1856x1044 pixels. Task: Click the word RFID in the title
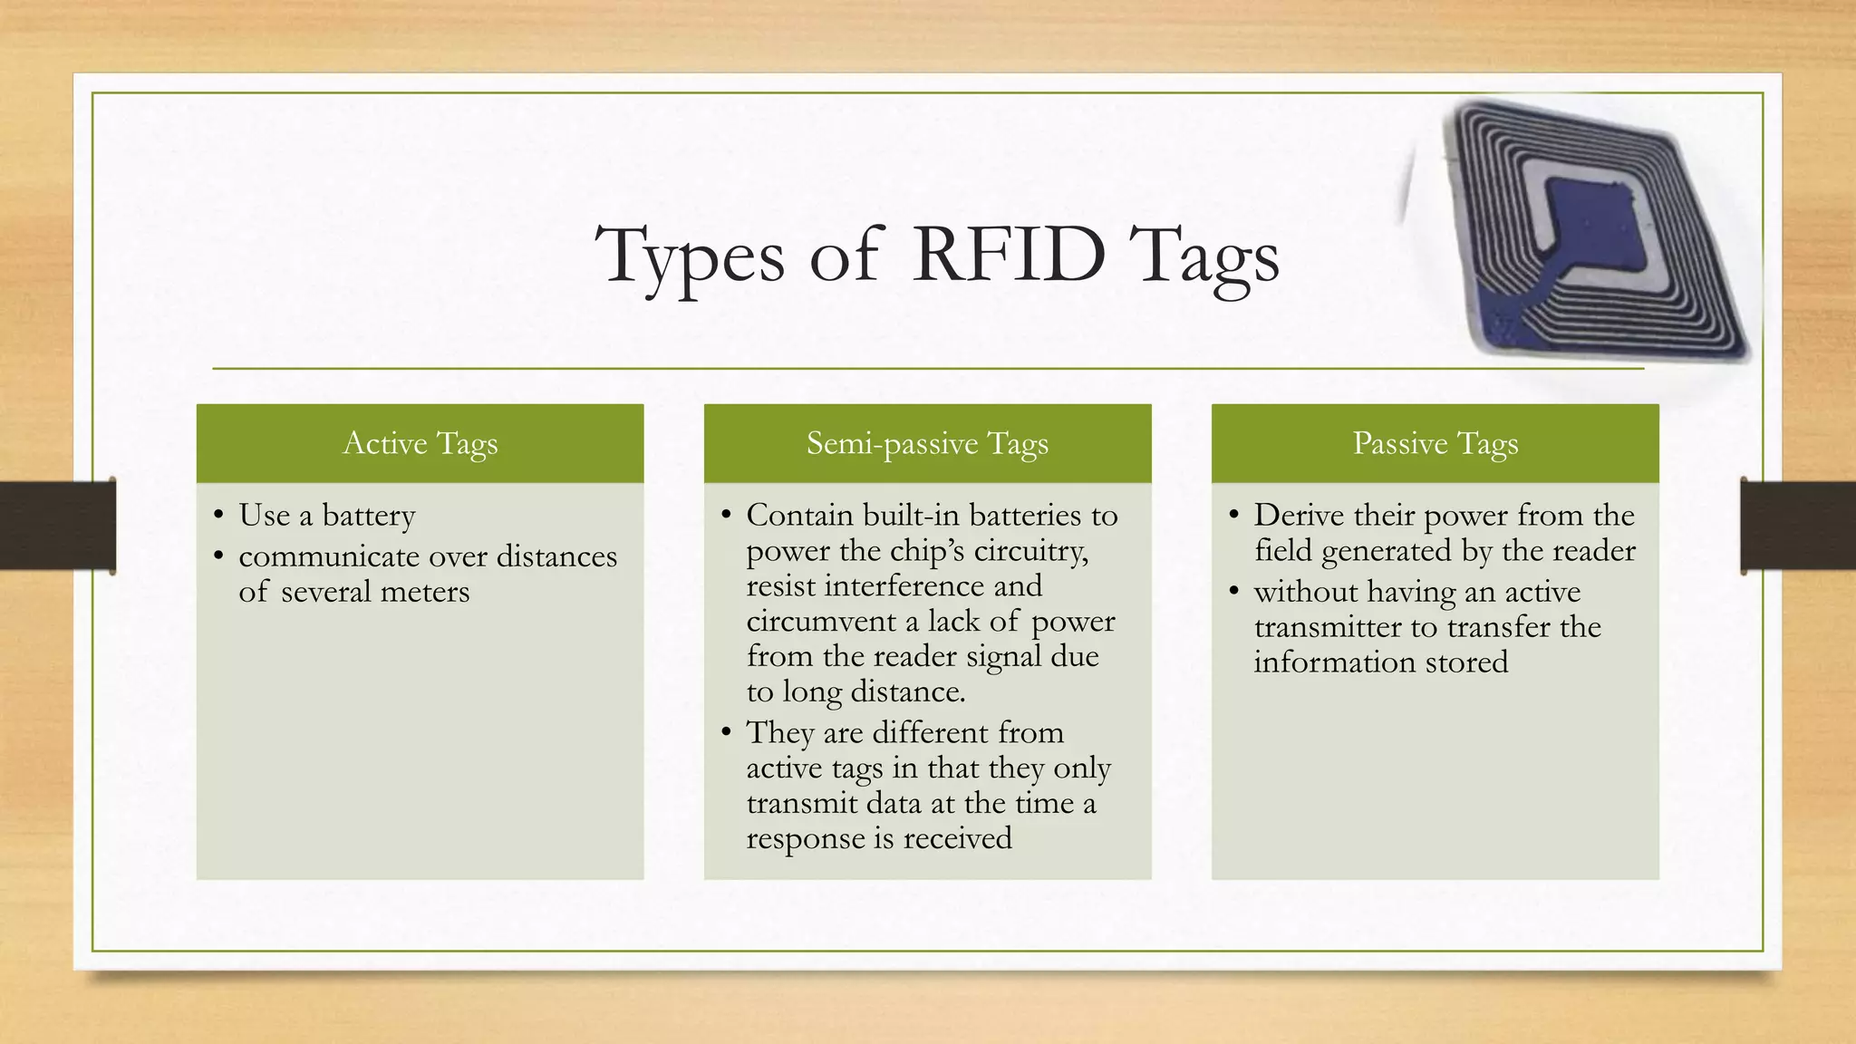(x=1009, y=256)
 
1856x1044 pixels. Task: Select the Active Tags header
(x=420, y=443)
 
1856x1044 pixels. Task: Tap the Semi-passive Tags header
(x=927, y=443)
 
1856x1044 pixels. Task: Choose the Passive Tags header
(x=1435, y=443)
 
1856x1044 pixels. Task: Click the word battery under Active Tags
(x=368, y=516)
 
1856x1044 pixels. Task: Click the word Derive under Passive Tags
(x=1299, y=516)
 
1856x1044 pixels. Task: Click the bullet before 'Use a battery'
(x=218, y=517)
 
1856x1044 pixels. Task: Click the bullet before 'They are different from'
(x=726, y=732)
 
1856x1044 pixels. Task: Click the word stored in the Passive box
(x=1466, y=662)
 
